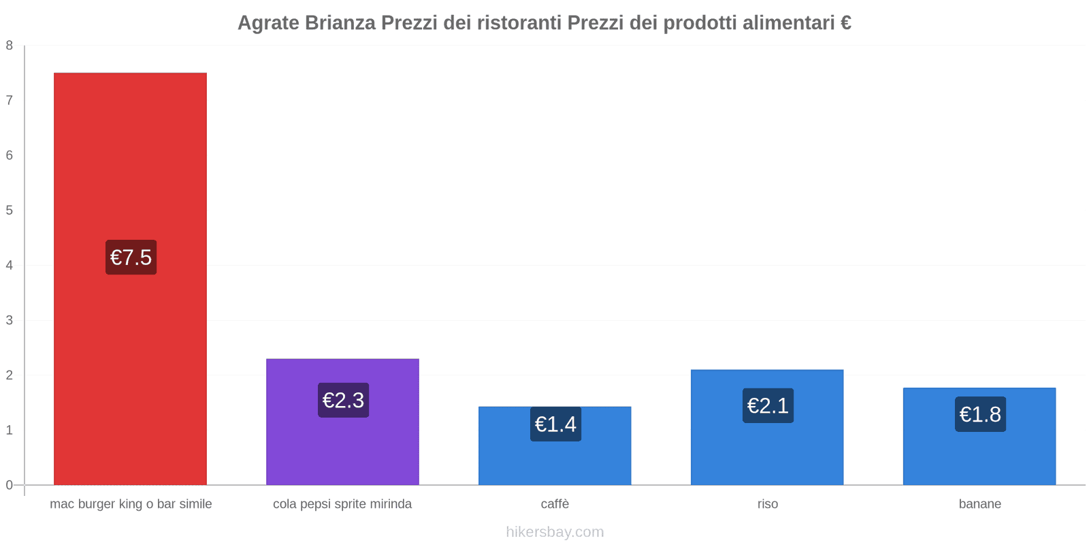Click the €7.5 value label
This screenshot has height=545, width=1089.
(x=131, y=258)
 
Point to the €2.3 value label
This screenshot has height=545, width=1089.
(x=343, y=400)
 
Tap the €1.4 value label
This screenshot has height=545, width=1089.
(x=555, y=424)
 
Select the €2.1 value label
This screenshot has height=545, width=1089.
(x=768, y=405)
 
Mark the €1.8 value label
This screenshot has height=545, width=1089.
(x=980, y=414)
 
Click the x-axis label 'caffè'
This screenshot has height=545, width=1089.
(x=555, y=504)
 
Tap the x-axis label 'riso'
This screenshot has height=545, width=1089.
(x=767, y=504)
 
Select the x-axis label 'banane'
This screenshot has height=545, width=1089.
(x=979, y=504)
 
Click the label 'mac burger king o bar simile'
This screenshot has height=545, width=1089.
(x=131, y=504)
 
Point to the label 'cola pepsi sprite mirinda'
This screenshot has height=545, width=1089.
(x=342, y=504)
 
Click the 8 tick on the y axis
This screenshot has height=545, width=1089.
(x=10, y=46)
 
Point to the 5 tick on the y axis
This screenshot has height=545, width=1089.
(x=10, y=211)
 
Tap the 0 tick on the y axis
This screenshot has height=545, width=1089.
(x=10, y=485)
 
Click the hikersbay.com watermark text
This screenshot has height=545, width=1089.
(x=555, y=532)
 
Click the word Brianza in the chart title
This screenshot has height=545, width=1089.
(x=340, y=23)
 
